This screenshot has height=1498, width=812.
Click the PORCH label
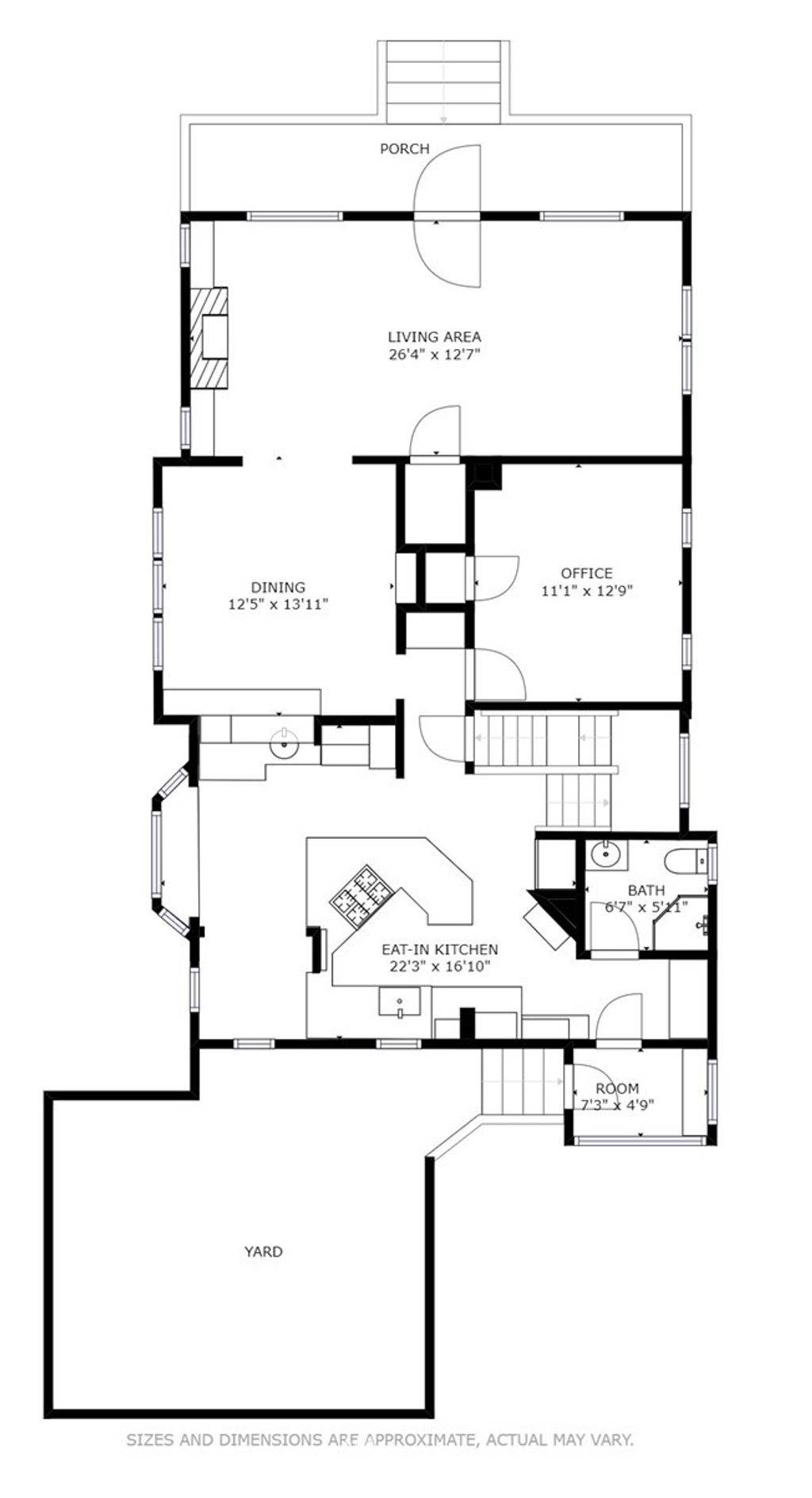(x=404, y=149)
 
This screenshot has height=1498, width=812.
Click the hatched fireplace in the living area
(x=208, y=338)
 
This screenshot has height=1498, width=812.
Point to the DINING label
(x=278, y=588)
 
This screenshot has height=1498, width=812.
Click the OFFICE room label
(x=587, y=573)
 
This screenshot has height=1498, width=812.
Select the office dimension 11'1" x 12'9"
(x=587, y=591)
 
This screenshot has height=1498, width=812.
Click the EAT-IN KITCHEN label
(x=440, y=949)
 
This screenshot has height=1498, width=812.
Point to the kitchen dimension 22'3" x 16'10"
(x=440, y=967)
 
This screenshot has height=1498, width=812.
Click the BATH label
(x=646, y=891)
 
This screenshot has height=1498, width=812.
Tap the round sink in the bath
(x=607, y=855)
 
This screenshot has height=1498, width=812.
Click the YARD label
(x=262, y=1252)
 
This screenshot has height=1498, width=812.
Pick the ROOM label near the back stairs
(x=617, y=1089)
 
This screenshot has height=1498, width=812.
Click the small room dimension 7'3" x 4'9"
(x=615, y=1105)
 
